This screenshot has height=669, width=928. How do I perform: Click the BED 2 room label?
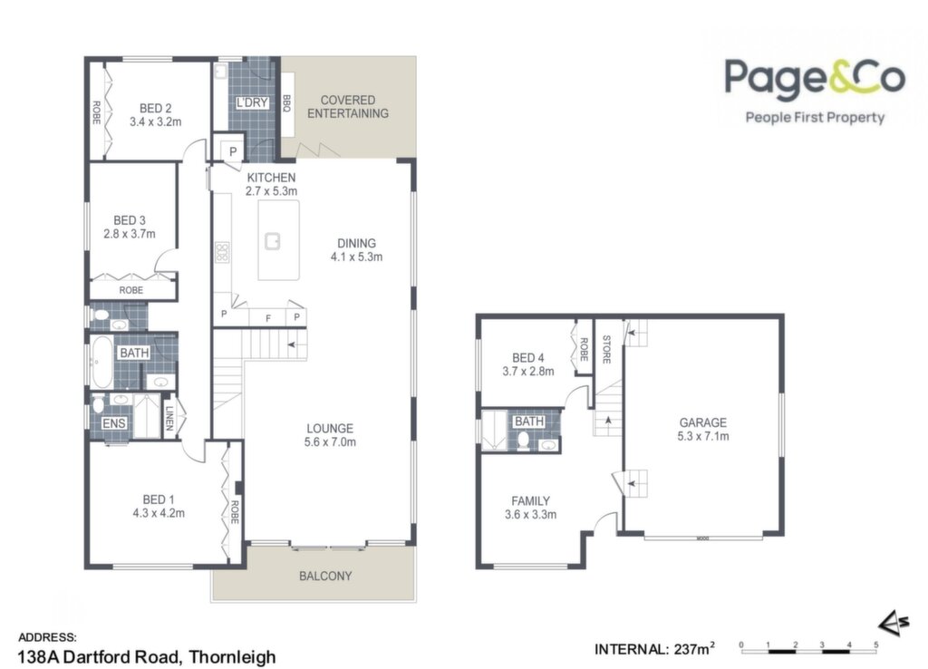click(x=156, y=109)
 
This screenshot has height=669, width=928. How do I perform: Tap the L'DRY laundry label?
click(x=252, y=102)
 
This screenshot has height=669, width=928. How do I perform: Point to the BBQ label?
click(x=287, y=103)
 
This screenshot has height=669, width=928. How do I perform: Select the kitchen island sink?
click(x=272, y=241)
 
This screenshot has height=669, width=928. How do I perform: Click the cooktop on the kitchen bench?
click(x=222, y=252)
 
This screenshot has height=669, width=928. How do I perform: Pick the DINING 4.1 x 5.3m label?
click(x=356, y=250)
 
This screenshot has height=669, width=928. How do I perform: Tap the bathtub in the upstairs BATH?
click(x=101, y=362)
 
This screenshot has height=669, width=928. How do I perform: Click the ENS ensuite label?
click(x=113, y=423)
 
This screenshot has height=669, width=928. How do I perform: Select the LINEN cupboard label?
click(x=169, y=418)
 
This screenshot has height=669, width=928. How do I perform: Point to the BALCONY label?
click(x=325, y=576)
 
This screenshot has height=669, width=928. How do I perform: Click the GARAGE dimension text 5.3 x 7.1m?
click(x=703, y=436)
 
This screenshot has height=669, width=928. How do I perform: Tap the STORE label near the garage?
click(x=606, y=349)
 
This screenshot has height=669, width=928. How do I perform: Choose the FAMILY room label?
click(x=530, y=501)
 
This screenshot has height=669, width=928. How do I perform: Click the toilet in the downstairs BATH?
click(x=523, y=441)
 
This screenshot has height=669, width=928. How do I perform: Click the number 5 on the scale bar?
click(x=876, y=645)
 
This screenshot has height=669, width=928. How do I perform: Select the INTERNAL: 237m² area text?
click(x=654, y=649)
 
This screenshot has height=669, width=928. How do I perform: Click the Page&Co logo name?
click(x=815, y=77)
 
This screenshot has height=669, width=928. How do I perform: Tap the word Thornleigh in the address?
click(x=233, y=657)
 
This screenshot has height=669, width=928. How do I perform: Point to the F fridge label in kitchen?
click(x=268, y=318)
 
